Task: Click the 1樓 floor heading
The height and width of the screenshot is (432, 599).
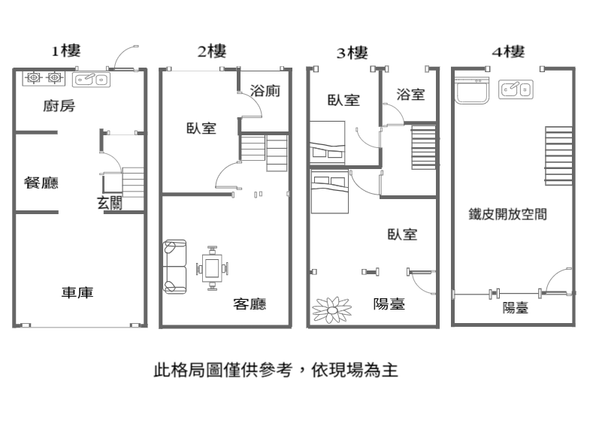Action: click(66, 51)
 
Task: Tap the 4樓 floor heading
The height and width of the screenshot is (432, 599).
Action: click(509, 52)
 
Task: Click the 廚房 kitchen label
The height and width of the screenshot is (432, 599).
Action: click(59, 106)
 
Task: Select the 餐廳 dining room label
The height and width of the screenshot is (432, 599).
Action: click(41, 183)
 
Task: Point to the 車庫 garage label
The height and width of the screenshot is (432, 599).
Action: click(77, 292)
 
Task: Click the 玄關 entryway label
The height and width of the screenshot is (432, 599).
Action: click(110, 203)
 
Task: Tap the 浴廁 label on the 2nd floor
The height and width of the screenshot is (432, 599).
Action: click(265, 91)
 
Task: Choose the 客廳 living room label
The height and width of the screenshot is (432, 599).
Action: click(250, 304)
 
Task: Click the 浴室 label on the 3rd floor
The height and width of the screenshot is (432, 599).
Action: click(410, 95)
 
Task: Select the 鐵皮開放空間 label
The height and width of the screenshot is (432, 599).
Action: click(508, 214)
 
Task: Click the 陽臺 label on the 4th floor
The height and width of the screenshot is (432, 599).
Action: click(516, 307)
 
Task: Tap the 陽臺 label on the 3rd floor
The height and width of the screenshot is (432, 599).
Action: click(389, 304)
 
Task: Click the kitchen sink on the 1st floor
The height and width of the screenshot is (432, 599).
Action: click(91, 80)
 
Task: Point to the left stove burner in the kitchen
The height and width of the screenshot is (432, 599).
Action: click(34, 78)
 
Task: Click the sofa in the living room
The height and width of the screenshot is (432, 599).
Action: click(175, 267)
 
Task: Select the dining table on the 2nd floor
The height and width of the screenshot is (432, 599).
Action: click(212, 268)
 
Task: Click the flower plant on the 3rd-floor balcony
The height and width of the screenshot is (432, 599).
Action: click(332, 310)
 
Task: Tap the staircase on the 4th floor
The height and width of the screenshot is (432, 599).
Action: click(559, 156)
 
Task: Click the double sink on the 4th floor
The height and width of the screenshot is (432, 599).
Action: click(516, 89)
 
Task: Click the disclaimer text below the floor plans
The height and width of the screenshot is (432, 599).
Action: click(276, 370)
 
